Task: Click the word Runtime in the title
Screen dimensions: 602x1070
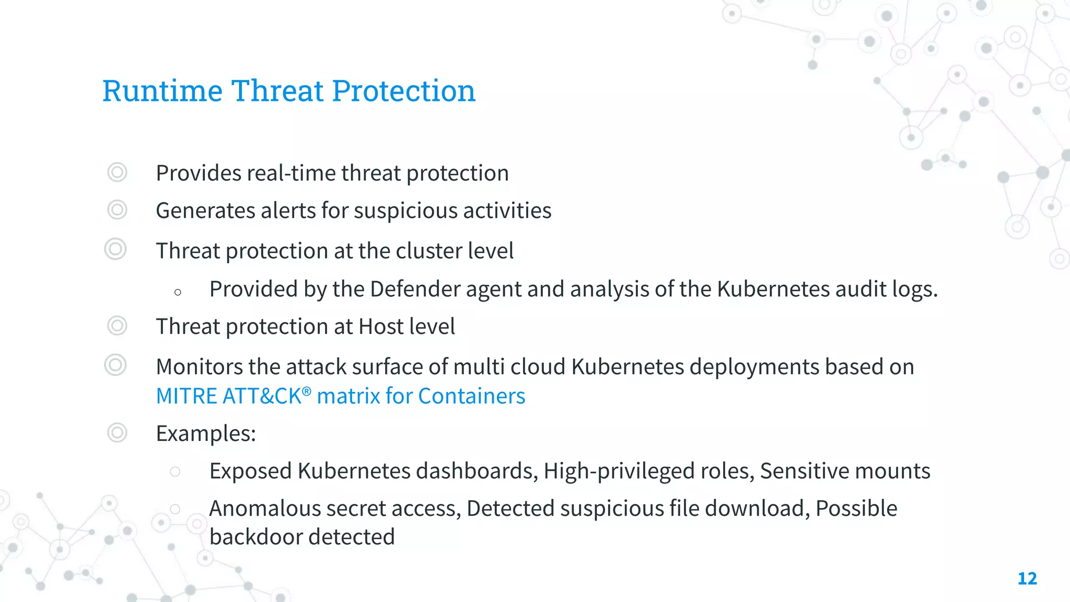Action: pos(162,91)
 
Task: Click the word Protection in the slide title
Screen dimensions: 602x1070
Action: pos(403,91)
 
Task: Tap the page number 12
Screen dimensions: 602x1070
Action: pos(1027,578)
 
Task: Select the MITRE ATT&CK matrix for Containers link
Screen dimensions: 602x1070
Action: pos(341,396)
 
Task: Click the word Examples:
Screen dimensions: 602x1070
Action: pos(206,434)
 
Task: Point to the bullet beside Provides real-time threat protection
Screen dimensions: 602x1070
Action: pos(117,172)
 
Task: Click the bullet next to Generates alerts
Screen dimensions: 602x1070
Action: pos(117,210)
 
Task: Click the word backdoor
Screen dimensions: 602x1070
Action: pos(250,537)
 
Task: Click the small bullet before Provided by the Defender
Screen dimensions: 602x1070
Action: pos(178,292)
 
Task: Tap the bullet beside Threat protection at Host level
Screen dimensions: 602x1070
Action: pos(117,326)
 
